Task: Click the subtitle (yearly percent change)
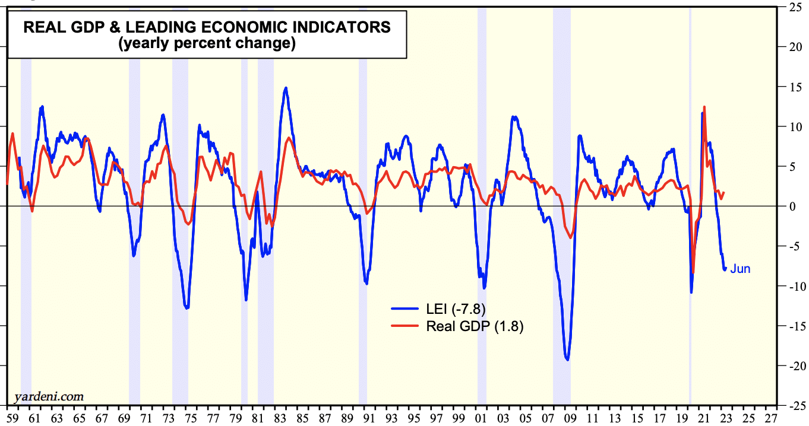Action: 206,44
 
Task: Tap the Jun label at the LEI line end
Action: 740,269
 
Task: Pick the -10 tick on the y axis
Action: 794,286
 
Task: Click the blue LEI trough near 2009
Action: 567,360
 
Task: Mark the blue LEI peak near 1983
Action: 286,88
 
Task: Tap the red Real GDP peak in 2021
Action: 704,107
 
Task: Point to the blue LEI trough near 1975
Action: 187,308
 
